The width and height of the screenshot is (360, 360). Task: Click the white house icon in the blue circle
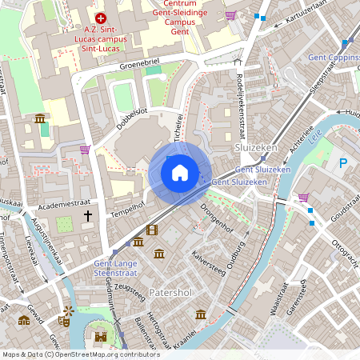180,172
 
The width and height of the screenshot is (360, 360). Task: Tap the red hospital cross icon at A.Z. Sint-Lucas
100,17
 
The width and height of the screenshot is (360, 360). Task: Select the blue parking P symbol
343,163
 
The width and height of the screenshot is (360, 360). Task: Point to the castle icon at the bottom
100,336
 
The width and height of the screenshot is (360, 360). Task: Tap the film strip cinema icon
152,230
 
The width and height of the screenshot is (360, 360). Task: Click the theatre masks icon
63,322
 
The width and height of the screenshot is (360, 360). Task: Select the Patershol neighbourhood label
170,292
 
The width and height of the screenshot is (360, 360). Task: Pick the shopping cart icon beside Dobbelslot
85,149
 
